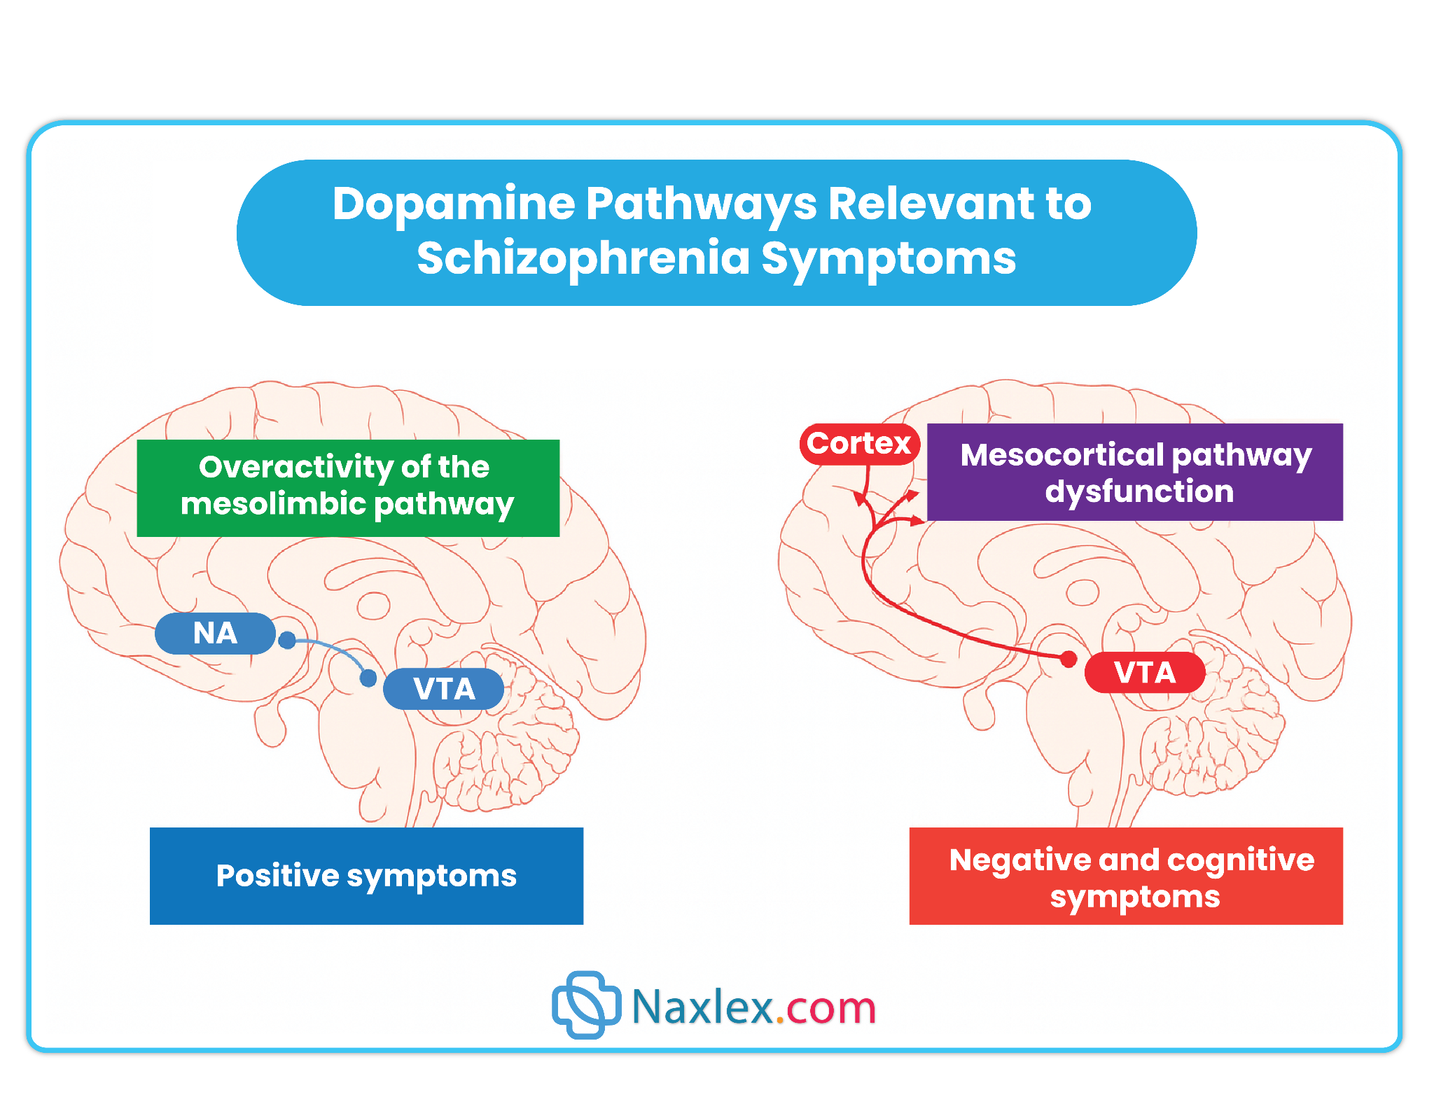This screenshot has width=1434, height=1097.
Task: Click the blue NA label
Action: (215, 634)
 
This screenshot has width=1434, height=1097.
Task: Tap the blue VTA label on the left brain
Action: (444, 689)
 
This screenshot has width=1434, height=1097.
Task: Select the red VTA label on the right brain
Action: (1145, 672)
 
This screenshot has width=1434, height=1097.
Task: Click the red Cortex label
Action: (859, 443)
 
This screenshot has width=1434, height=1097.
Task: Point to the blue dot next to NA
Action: (287, 640)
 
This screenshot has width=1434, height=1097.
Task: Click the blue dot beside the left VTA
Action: (368, 678)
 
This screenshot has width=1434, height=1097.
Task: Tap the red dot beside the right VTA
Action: (1068, 659)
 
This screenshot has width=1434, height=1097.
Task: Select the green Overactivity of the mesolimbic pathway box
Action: (348, 488)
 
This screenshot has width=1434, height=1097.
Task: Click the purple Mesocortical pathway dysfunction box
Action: (1135, 472)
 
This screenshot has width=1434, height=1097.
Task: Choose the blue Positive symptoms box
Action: (366, 876)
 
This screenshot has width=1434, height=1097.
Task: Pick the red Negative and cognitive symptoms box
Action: (1126, 876)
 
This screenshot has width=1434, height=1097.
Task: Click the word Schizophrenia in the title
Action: (583, 258)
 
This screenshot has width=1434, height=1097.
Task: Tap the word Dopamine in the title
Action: (454, 204)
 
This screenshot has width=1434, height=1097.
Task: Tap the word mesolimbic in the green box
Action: (272, 503)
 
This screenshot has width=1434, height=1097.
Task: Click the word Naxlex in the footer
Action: (703, 1008)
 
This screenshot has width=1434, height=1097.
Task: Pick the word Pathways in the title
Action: (701, 204)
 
